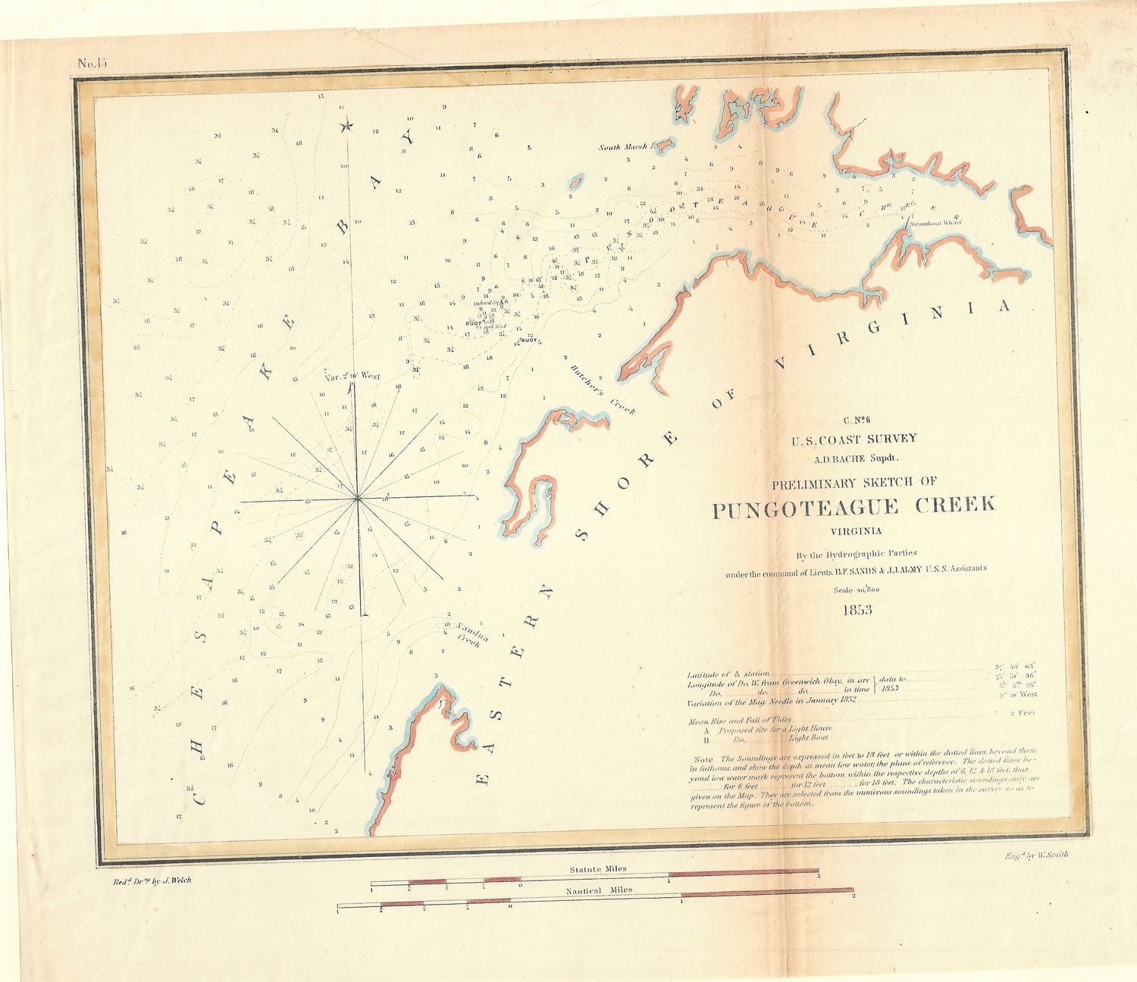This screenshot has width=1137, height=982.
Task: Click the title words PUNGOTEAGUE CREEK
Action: coord(854,507)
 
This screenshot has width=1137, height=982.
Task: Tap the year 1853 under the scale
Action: coord(857,609)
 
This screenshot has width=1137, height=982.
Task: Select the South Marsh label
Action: coord(623,147)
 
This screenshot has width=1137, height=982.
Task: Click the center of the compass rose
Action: coord(357,499)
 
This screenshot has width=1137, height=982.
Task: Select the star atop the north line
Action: coord(347,126)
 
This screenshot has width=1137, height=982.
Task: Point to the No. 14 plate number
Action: coord(93,63)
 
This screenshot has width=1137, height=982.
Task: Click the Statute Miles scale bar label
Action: coord(593,869)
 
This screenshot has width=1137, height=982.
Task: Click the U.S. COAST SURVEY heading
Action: coord(855,438)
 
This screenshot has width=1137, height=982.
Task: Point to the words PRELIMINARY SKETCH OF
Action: coord(854,481)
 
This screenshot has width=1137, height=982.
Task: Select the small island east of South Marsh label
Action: coord(575,181)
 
